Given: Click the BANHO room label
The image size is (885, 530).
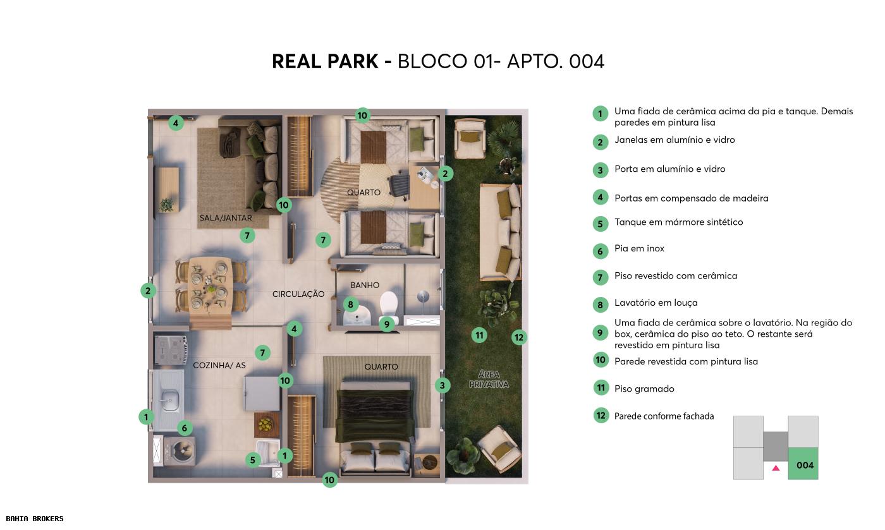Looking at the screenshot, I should tap(365, 286).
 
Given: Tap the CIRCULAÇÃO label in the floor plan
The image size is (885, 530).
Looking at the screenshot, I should tap(298, 294).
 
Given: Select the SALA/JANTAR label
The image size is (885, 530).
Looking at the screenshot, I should tap(226, 218).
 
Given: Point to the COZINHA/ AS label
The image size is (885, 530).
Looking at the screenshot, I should tap(219, 365).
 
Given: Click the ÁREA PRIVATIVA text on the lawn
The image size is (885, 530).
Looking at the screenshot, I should tap(489, 380).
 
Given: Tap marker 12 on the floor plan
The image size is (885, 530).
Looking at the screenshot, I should tap(519, 337).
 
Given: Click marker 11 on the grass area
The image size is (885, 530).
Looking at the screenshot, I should tap(480, 335).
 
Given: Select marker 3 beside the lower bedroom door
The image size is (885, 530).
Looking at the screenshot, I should tap(442, 385).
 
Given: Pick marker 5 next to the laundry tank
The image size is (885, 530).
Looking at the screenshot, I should tap(252, 460).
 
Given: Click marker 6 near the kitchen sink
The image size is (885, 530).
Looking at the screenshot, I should tap(184, 428).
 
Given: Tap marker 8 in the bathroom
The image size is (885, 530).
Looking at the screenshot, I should tap(351, 305).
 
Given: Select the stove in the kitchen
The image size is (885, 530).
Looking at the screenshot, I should tap(169, 350).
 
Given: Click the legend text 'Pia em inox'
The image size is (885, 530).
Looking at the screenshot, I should tap(639, 249).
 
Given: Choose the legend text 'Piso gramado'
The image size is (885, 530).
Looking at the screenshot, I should tap(644, 389).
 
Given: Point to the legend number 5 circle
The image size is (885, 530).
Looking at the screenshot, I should tap(601, 224).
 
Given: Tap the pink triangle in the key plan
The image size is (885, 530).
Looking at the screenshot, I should tap(776, 468).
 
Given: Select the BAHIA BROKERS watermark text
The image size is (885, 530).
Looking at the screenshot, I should tap(35, 519).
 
